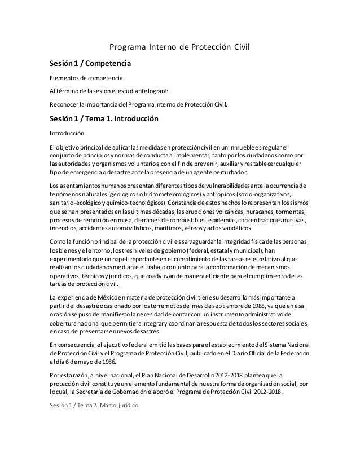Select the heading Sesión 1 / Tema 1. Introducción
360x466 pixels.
pos(104,119)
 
